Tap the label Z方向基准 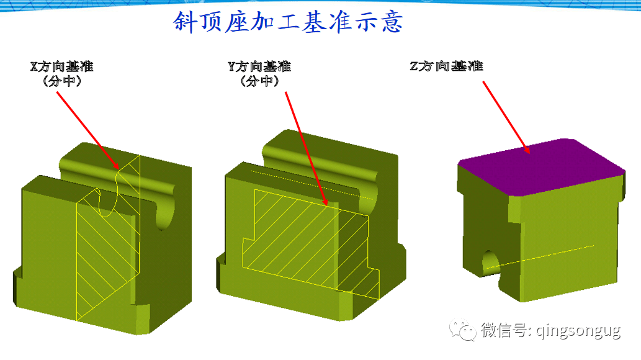[446, 66]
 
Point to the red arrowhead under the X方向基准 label [118, 166]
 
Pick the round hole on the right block [490, 263]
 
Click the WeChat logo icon [464, 330]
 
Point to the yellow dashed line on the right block [540, 256]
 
